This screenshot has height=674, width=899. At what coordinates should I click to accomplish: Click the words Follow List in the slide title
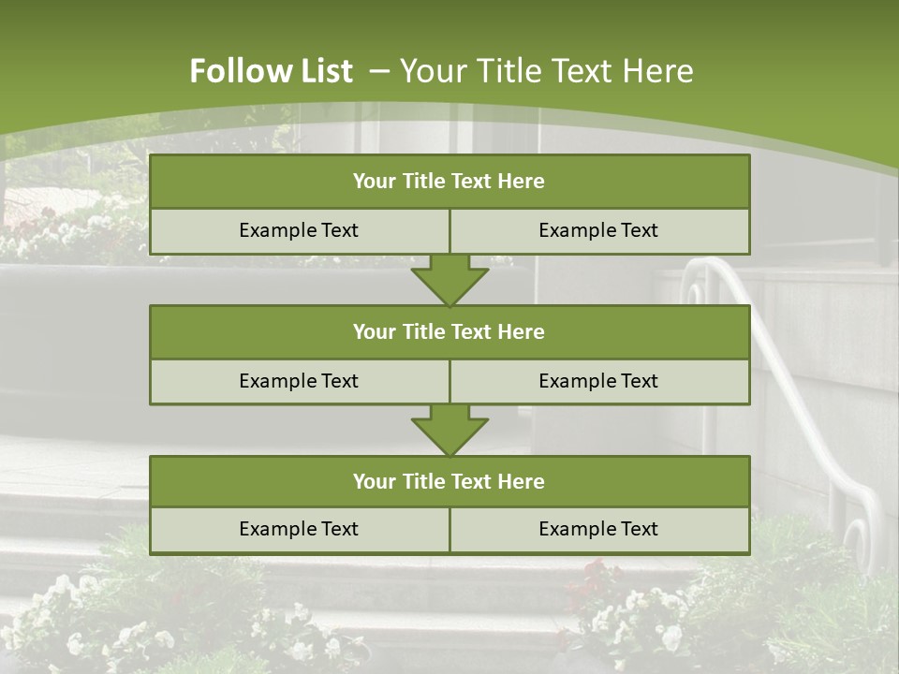[271, 71]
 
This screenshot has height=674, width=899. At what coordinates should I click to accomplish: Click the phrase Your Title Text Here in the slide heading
[546, 71]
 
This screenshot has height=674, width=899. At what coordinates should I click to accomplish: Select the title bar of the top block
[449, 182]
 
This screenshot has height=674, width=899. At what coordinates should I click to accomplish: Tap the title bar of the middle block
[449, 331]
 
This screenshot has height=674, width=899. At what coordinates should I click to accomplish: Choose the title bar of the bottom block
[449, 481]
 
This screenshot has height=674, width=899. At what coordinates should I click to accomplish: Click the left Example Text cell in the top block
[300, 230]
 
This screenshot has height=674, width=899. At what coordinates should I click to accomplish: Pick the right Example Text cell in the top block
[599, 230]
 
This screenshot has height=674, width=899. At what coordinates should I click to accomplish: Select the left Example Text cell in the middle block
[300, 381]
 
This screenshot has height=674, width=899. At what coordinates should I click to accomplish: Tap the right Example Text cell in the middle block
[599, 381]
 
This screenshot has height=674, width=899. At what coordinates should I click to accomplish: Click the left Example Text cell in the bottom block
[300, 529]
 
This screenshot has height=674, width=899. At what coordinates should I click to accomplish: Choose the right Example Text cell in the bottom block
[599, 529]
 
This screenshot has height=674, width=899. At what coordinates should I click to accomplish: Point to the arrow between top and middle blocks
[449, 280]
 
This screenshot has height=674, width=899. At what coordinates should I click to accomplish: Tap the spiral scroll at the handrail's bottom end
[857, 540]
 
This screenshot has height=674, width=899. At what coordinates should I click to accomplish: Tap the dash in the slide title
[379, 71]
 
